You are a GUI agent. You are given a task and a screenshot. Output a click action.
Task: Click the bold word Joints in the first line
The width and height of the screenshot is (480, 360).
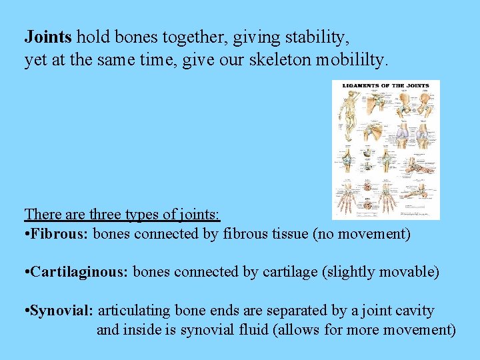pos(45,36)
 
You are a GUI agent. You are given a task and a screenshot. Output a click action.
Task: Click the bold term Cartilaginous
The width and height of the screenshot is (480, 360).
pos(79,272)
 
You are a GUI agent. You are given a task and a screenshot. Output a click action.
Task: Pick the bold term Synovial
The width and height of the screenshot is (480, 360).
pos(62,311)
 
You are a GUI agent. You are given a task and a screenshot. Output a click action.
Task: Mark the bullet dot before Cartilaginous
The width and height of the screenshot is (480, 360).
pos(27,273)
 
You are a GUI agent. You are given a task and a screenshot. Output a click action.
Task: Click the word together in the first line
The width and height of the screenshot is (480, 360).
pos(157,36)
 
